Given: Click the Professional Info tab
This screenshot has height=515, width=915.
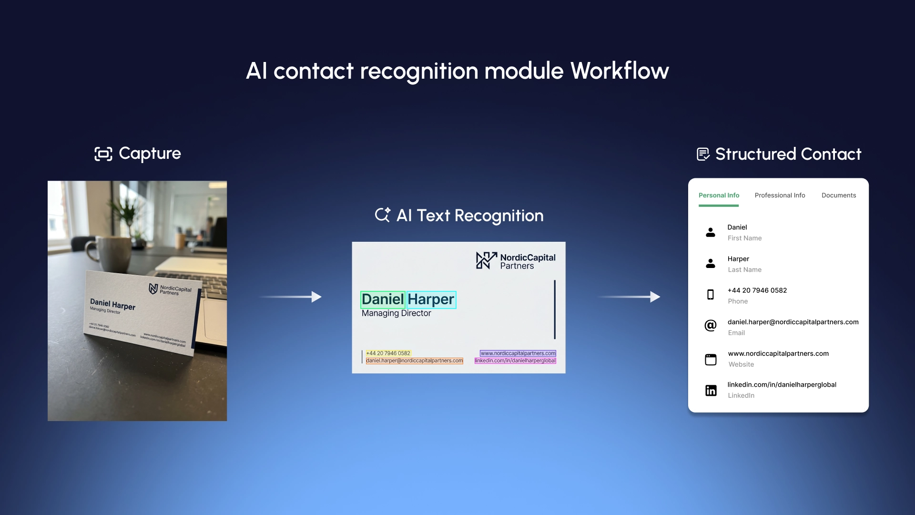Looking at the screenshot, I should point(780,196).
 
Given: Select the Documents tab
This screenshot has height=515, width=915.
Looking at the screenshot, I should point(838,196).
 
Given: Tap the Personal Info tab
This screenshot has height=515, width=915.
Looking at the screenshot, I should point(719,196).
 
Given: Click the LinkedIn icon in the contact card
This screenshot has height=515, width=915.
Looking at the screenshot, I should point(711,391).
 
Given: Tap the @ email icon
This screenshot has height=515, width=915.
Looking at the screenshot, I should point(710,326).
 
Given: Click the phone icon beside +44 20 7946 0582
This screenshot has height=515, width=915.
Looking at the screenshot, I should point(710,295).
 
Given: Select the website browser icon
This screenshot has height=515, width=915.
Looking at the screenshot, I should point(710,359).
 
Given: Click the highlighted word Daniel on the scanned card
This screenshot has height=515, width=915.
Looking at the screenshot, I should point(383,299).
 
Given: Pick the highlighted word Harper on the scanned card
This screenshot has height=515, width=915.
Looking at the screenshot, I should point(431,299).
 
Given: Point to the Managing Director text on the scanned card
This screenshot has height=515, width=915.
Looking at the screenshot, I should point(396,313).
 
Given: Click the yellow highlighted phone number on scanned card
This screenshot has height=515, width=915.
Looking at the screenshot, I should point(388,353).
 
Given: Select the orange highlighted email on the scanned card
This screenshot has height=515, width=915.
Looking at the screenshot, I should point(414,360).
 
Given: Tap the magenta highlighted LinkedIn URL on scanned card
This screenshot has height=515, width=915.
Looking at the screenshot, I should point(515,360).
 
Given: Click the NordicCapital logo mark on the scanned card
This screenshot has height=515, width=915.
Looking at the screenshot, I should point(486,260).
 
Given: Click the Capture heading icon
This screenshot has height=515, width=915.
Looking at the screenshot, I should point(103,154).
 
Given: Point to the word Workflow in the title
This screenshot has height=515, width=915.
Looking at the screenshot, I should point(619,71).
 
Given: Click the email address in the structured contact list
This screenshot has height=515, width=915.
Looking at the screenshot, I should point(793,322).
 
